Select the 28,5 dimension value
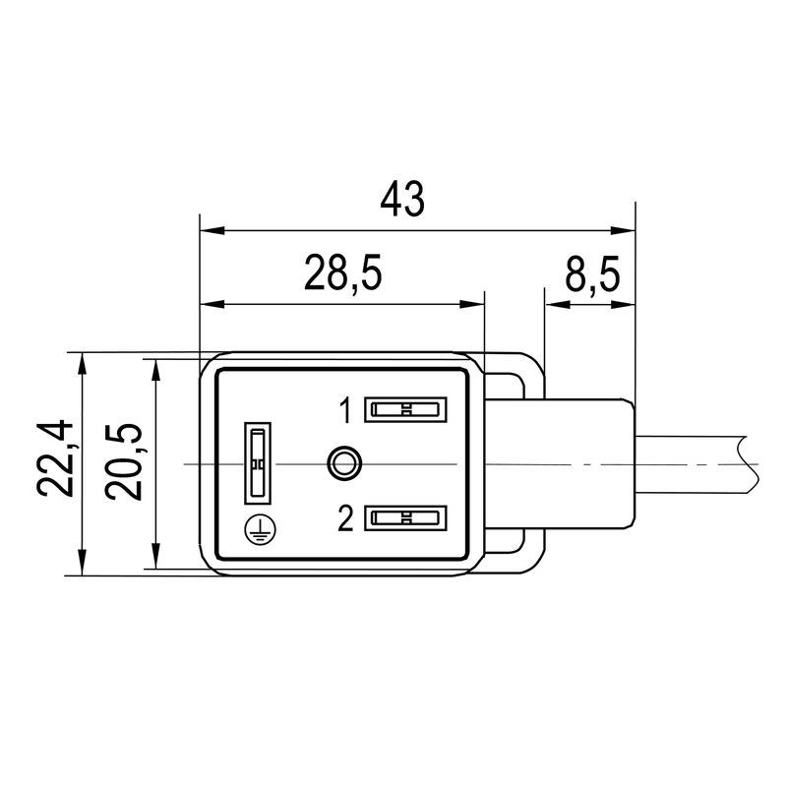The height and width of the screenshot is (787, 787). [342, 274]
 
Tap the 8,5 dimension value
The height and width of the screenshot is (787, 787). [592, 274]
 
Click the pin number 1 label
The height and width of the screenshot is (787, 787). [345, 410]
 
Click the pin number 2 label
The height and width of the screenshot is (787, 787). [345, 517]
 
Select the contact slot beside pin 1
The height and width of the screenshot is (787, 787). [405, 409]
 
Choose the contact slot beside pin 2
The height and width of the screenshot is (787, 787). [405, 517]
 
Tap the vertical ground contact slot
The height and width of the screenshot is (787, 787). [257, 463]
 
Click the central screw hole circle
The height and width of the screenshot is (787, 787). [343, 461]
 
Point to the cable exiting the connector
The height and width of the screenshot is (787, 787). [698, 462]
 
